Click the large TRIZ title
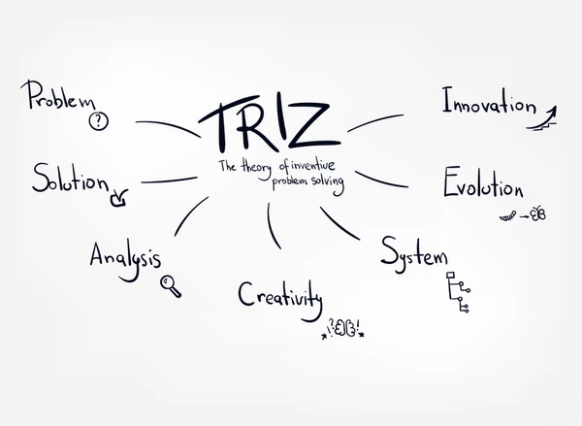click(270, 123)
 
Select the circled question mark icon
click(99, 120)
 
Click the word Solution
click(71, 179)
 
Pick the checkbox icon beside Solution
click(118, 198)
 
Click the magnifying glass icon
click(171, 286)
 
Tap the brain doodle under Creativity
click(345, 328)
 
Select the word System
click(414, 254)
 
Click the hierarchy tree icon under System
click(458, 292)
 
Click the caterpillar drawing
click(507, 216)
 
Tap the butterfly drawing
click(538, 214)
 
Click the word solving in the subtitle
click(328, 183)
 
